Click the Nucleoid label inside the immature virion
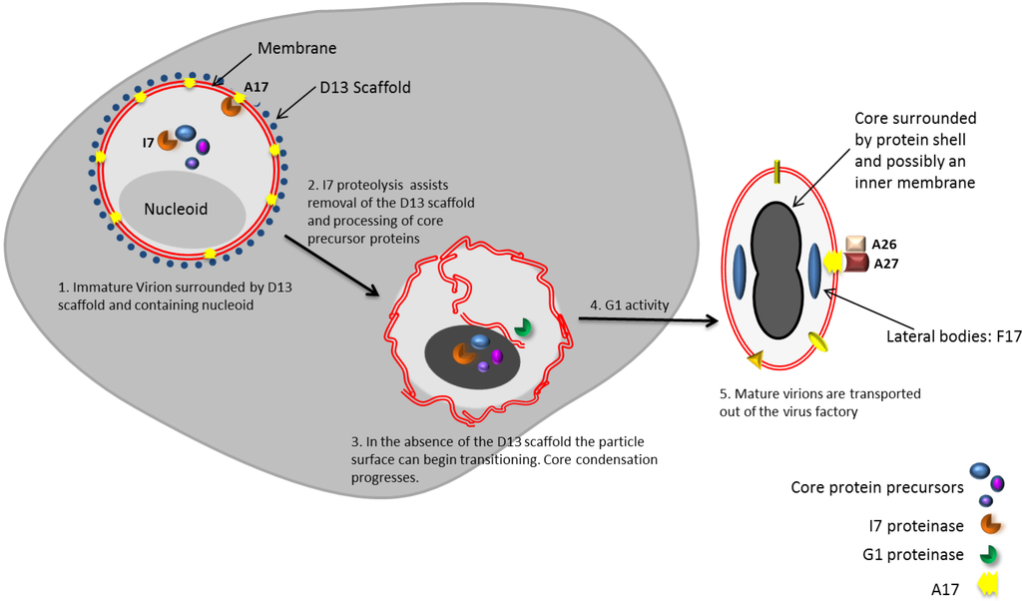[176, 210]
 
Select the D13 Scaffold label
[364, 88]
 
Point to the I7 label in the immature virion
[147, 143]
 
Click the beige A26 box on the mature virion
[855, 244]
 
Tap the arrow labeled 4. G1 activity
[649, 320]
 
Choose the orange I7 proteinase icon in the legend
[990, 523]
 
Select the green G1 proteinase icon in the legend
[990, 555]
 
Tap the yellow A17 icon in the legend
[989, 587]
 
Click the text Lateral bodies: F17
[953, 337]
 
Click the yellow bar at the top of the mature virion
[775, 176]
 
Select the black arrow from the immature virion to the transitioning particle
[330, 266]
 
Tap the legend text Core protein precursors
[876, 488]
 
